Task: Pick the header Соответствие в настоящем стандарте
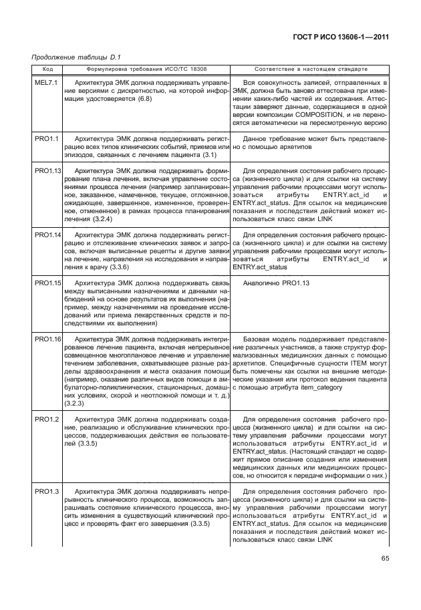coord(311,68)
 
